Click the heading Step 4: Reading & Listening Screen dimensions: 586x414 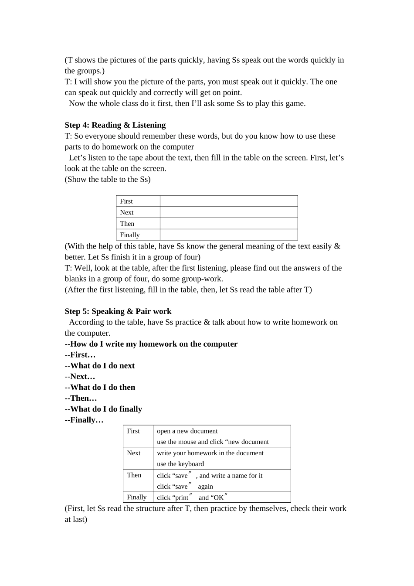[x=115, y=125]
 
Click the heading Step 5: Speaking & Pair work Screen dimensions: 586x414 [x=118, y=311]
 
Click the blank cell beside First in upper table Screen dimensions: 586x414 [x=229, y=201]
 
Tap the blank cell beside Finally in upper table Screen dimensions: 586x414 [x=229, y=235]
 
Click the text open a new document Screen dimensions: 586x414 [x=187, y=431]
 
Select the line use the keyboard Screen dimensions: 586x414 [x=180, y=464]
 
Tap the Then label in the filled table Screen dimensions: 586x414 [x=134, y=475]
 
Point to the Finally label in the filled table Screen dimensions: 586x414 [x=137, y=497]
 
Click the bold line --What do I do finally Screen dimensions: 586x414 [x=103, y=409]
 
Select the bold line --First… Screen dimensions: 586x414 [x=80, y=355]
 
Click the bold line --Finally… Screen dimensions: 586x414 [x=84, y=420]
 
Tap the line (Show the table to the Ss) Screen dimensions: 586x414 [x=108, y=180]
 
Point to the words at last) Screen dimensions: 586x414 [x=76, y=519]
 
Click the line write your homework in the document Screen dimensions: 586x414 [x=210, y=453]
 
